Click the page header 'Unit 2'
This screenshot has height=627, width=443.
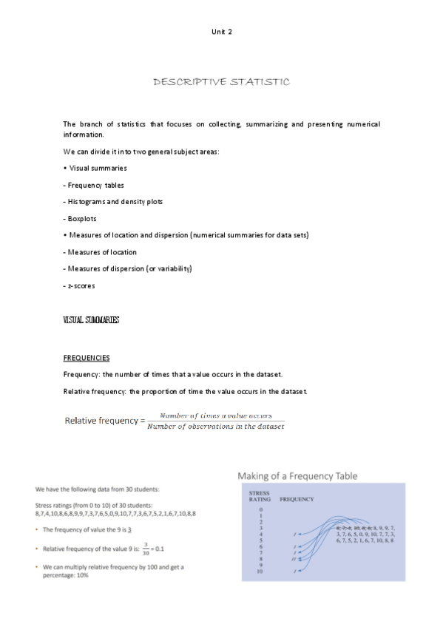tap(221, 30)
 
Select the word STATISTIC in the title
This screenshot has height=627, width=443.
tap(260, 81)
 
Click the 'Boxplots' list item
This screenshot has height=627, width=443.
tap(82, 218)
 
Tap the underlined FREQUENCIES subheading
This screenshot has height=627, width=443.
tap(87, 357)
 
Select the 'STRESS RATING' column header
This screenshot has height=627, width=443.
tap(260, 495)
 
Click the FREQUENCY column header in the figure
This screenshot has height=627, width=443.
tap(297, 499)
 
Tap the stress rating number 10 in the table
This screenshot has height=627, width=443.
tap(260, 571)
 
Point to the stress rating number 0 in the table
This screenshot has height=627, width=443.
tap(260, 510)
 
